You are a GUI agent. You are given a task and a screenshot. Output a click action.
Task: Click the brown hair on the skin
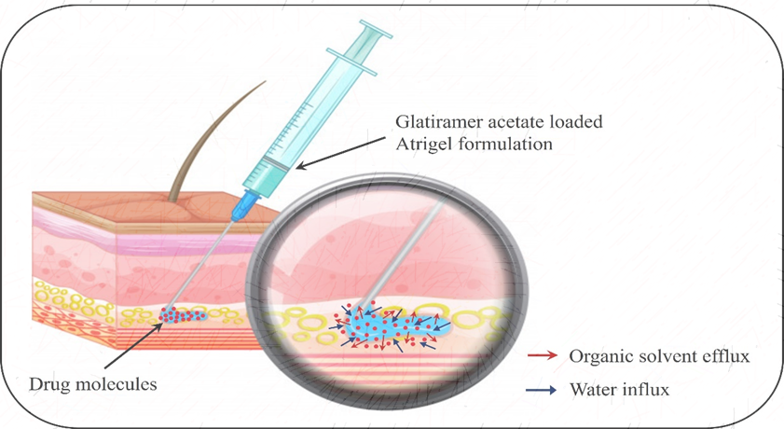click(x=213, y=131)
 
